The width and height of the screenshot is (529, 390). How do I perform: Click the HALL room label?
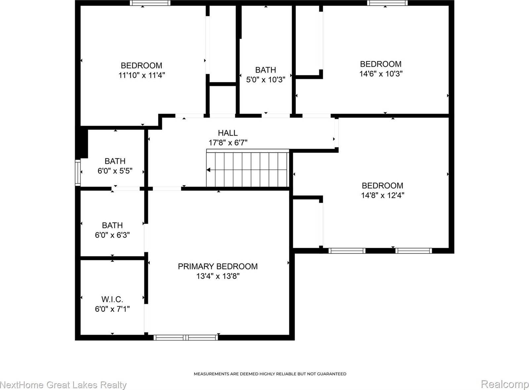[x=227, y=133]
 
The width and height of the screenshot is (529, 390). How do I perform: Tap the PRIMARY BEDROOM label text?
[x=218, y=266]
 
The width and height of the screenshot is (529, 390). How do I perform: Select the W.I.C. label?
[x=112, y=299]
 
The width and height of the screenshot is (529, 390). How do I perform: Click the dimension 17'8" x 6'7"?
[x=227, y=143]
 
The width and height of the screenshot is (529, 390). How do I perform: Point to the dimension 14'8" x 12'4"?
[x=383, y=195]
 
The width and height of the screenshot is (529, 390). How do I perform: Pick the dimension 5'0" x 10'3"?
[x=265, y=80]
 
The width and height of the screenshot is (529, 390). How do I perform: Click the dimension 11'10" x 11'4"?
[x=142, y=75]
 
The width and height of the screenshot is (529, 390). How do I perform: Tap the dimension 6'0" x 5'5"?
[x=115, y=171]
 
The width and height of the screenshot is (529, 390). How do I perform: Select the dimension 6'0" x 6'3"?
[x=112, y=235]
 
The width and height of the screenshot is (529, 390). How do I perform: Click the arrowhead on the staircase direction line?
[x=209, y=170]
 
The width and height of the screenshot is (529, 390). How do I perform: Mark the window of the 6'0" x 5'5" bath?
[x=78, y=173]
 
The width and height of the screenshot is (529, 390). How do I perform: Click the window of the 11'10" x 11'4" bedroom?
[x=150, y=3]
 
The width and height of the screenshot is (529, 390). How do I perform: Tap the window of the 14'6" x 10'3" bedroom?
[x=387, y=3]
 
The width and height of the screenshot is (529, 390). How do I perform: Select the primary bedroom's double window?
[x=186, y=337]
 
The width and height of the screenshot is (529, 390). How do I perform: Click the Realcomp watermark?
[x=505, y=384]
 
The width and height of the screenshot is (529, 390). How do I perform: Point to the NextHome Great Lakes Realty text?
[x=63, y=385]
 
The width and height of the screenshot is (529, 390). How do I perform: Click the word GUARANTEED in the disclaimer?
[x=332, y=374]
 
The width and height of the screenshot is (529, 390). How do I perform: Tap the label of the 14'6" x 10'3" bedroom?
[x=381, y=64]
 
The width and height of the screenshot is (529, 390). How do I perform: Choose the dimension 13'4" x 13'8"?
[x=218, y=276]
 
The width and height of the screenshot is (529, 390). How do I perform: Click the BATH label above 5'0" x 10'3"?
[x=265, y=70]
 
